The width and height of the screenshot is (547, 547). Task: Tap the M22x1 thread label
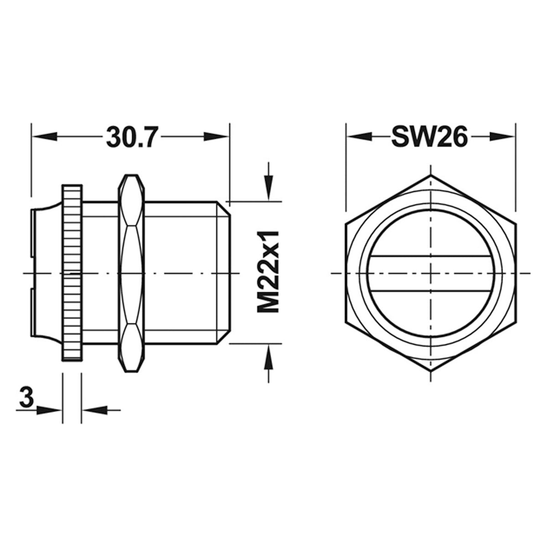tap(268, 272)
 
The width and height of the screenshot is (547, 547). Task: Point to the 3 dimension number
tap(27, 397)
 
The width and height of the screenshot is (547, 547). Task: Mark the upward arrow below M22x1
tap(269, 356)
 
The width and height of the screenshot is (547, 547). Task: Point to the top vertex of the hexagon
tap(431, 175)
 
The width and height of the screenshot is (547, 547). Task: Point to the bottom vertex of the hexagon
tap(431, 372)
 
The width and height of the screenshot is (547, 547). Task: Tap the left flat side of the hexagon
tap(346, 273)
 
